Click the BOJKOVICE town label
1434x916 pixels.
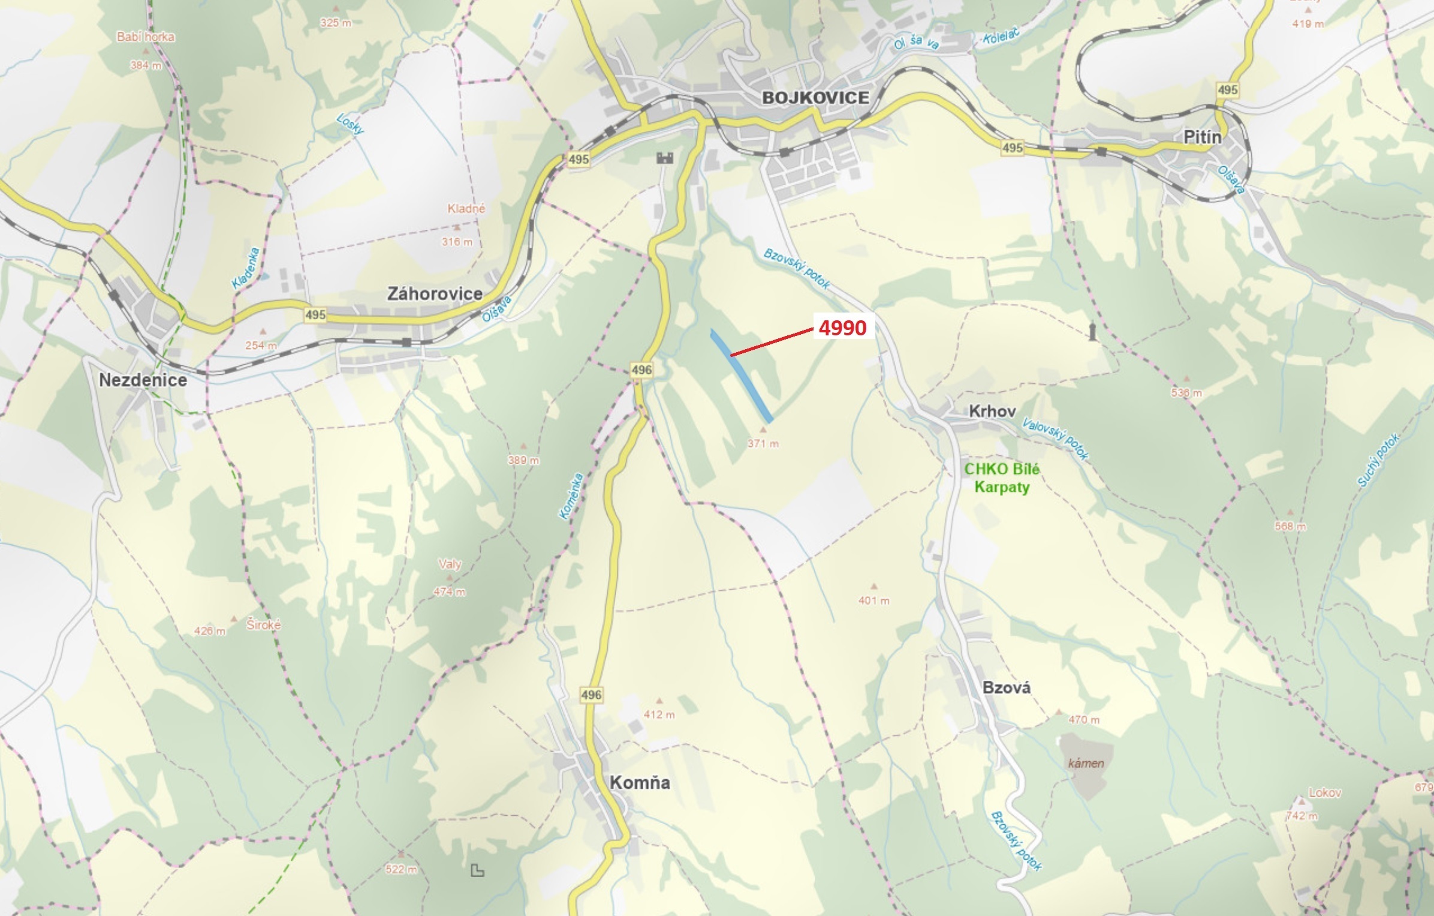pos(815,98)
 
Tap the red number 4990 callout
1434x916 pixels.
pos(842,328)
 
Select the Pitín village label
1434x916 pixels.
pos(1202,137)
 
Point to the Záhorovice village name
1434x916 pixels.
pos(435,293)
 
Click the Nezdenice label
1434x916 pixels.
pos(143,380)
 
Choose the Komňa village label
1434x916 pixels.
pos(640,782)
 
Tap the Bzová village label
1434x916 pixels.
pos(1007,687)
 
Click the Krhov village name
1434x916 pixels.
pos(992,411)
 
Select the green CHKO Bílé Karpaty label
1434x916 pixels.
pos(1002,477)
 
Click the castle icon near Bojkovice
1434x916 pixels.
pos(665,158)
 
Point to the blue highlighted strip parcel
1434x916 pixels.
pos(741,375)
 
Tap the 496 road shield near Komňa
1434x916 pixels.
pos(591,695)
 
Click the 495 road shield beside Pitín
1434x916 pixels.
pos(1228,90)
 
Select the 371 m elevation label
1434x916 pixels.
pos(763,444)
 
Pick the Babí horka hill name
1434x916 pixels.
pos(146,37)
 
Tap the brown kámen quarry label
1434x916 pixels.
pos(1086,764)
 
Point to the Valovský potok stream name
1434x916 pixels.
pos(1055,439)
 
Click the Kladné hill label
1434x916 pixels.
pos(466,209)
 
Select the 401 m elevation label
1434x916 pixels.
pos(873,600)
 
